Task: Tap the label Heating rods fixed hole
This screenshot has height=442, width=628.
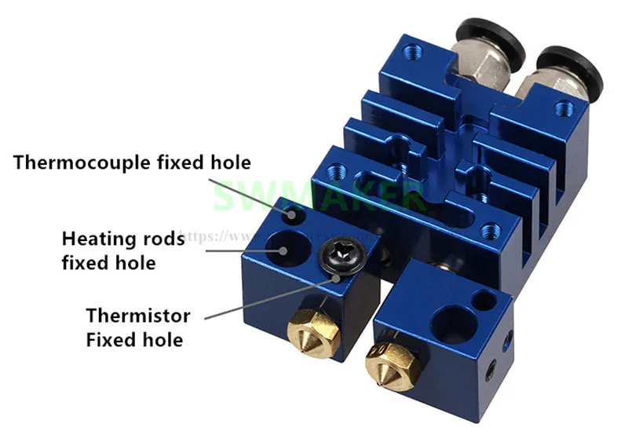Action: (123, 250)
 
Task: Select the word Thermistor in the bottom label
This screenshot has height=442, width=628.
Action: (138, 316)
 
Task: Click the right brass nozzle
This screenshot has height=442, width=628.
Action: (391, 363)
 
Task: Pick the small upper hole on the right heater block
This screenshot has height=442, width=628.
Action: (485, 299)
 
